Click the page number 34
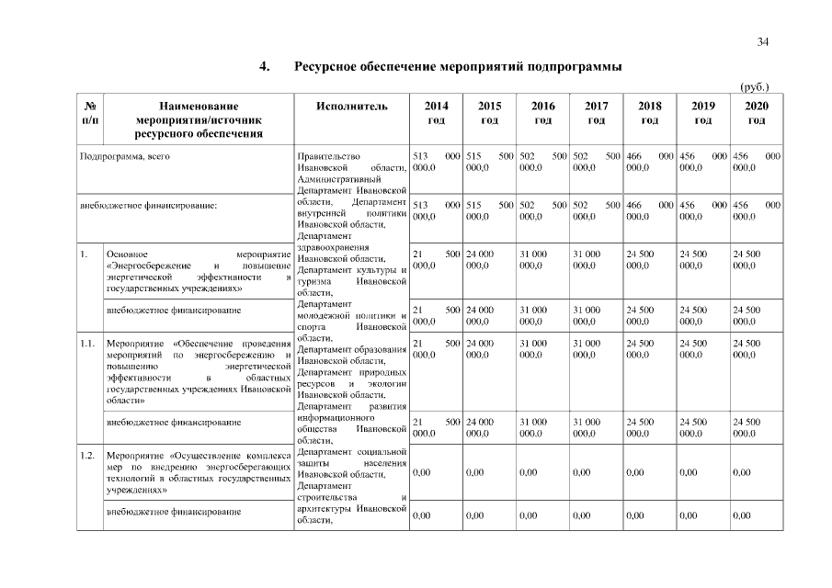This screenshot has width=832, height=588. [x=763, y=41]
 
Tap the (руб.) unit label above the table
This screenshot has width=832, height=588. [x=754, y=87]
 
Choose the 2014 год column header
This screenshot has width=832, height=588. [x=437, y=113]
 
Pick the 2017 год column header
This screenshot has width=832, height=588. [x=596, y=113]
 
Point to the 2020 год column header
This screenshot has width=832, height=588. [x=757, y=113]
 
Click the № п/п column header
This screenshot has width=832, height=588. [x=90, y=113]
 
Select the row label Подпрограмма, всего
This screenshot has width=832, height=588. [x=125, y=156]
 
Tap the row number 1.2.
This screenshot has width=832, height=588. [x=88, y=455]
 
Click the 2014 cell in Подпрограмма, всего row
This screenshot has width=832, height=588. [x=437, y=162]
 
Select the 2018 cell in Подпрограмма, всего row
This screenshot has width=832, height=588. [x=649, y=162]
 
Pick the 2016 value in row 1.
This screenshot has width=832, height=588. [x=542, y=258]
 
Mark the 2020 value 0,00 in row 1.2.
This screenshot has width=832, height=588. [x=743, y=472]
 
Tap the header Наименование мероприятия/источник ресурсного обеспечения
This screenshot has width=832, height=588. [x=199, y=119]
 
